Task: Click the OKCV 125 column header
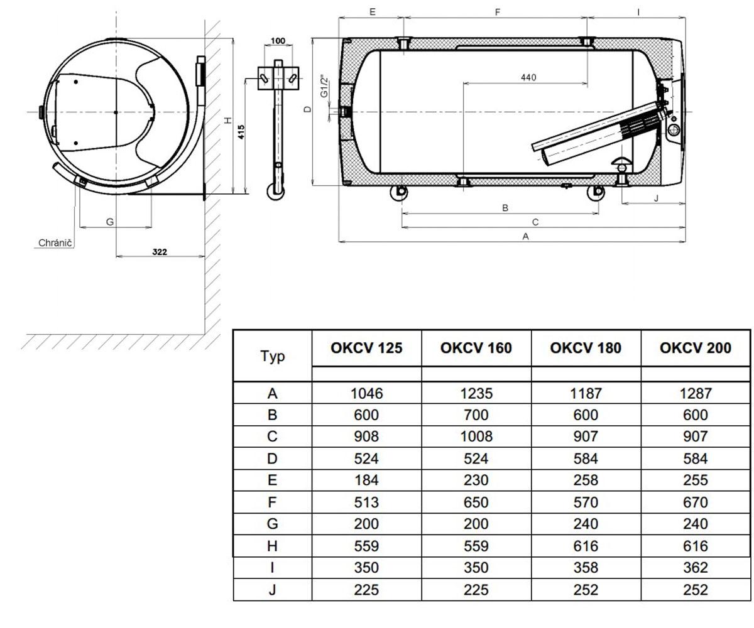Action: [x=366, y=348]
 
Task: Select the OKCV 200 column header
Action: [x=695, y=348]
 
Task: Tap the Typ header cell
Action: [x=273, y=357]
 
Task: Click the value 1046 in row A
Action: [x=366, y=393]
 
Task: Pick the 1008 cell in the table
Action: [x=476, y=436]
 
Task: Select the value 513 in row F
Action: [x=366, y=502]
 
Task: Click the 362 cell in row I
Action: [x=695, y=567]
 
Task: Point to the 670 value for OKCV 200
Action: [x=695, y=502]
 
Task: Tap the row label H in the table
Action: [x=272, y=546]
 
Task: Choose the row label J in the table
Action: [x=272, y=590]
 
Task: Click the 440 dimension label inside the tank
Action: [x=528, y=77]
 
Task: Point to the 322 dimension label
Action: [x=160, y=252]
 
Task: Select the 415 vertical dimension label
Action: [x=241, y=132]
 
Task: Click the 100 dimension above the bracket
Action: [x=278, y=41]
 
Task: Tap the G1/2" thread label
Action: [x=324, y=86]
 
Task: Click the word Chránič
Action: [x=55, y=242]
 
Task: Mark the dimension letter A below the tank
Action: [x=525, y=236]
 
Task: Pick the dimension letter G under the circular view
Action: [x=110, y=222]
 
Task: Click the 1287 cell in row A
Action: [x=695, y=393]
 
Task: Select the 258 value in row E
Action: [x=586, y=480]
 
